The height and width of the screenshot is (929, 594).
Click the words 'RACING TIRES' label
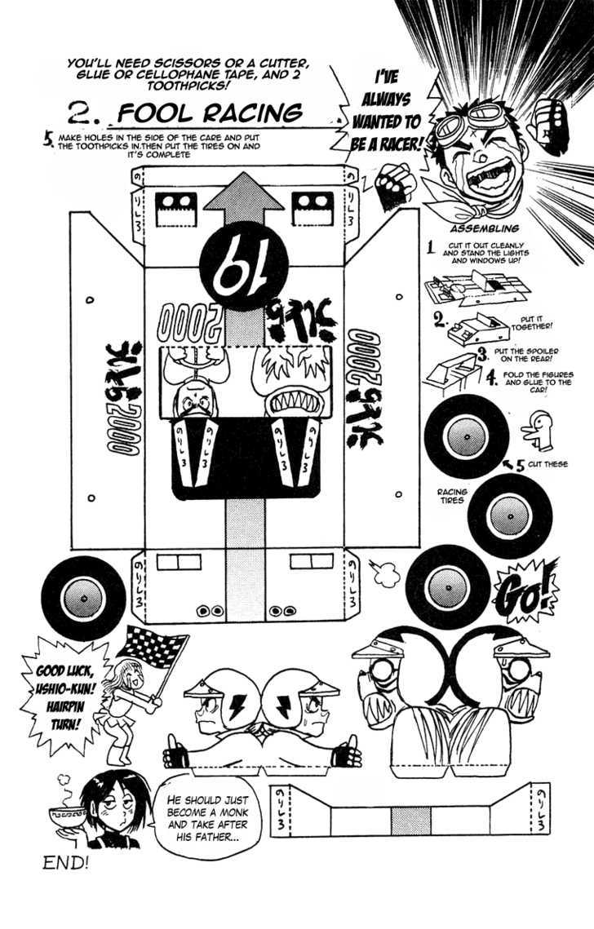click(x=451, y=496)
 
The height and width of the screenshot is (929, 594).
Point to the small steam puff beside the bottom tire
click(x=382, y=575)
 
